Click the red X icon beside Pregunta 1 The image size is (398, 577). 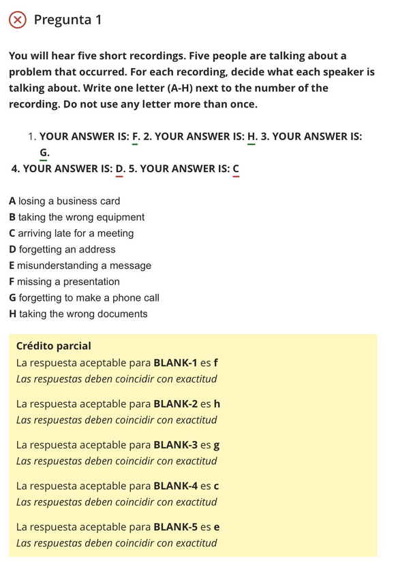coord(18,20)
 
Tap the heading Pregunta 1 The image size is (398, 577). coord(67,20)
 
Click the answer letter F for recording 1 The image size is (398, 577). coord(136,136)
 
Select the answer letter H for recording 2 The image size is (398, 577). coord(251,136)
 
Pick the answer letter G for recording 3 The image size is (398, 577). coord(44,152)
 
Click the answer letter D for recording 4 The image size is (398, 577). coord(119,169)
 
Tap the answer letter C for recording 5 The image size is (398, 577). coord(236,169)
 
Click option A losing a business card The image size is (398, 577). coord(64,201)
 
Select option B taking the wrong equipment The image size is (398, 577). coord(76,217)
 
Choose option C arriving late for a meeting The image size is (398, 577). coord(71,233)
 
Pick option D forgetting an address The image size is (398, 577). coord(62,250)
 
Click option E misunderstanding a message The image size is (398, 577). coord(80,265)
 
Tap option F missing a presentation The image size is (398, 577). coord(64,282)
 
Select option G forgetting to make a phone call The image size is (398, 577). coord(84,298)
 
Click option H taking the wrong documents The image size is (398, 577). coord(78,314)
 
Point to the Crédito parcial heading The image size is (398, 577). coord(53,346)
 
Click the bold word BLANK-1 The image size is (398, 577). coord(175,363)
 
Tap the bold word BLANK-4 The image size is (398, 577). coord(176,486)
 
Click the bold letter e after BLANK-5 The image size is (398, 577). coord(216,527)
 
